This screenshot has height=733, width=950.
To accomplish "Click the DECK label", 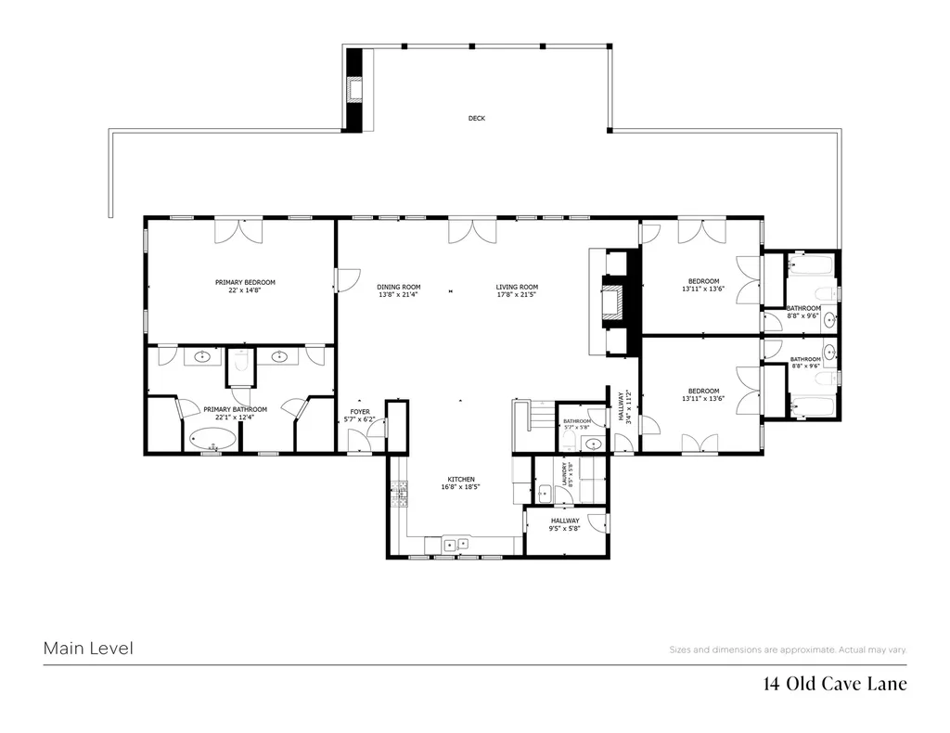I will click(476, 119).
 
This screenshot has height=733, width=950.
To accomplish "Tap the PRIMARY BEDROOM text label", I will click(245, 282).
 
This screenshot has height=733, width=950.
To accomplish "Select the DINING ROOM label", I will click(398, 287).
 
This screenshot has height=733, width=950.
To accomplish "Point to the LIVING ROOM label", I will click(517, 287).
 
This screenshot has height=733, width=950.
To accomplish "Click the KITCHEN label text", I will click(461, 480).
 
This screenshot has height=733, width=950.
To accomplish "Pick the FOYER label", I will click(359, 412).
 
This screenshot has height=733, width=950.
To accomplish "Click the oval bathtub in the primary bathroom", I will click(212, 438).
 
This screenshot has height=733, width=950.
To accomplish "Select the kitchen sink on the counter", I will click(455, 545).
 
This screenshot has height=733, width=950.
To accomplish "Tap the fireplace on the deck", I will click(354, 89).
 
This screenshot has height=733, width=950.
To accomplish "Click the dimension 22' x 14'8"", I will click(245, 290).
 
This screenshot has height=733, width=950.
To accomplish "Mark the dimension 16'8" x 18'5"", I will click(461, 487).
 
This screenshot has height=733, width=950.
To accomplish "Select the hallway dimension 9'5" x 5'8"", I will click(564, 529).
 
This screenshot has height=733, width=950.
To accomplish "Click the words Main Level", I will click(88, 649).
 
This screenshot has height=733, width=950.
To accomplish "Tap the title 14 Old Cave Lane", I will click(834, 685).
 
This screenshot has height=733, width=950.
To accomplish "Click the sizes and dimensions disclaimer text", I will click(788, 649).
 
